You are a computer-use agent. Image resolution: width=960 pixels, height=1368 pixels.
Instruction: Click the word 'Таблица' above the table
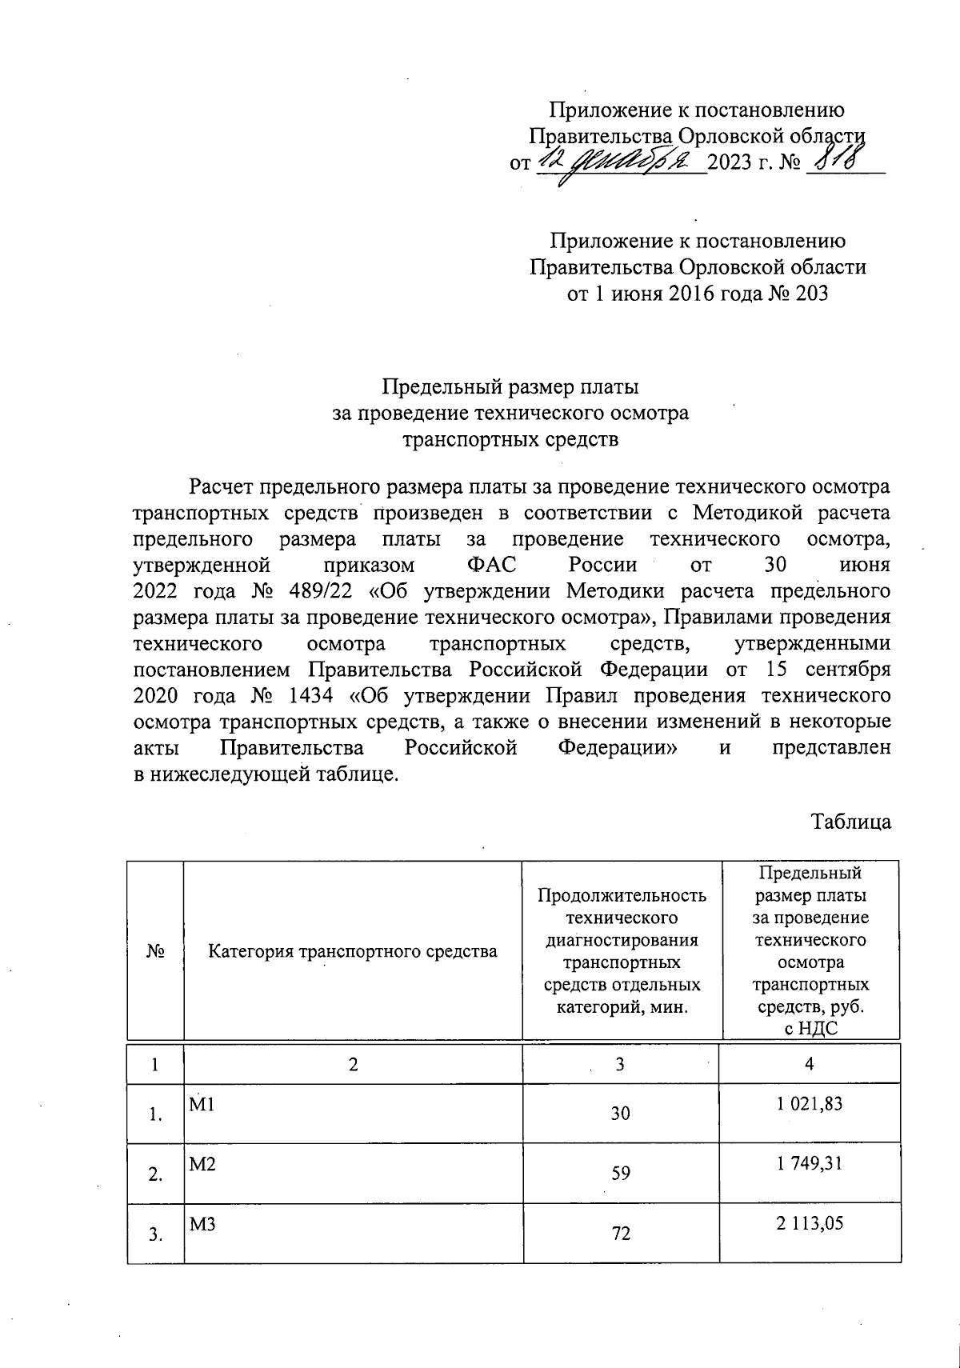(x=851, y=822)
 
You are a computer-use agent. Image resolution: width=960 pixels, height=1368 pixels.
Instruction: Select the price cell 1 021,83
(x=810, y=1104)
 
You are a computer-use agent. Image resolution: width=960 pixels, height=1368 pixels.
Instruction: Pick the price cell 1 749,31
(x=810, y=1164)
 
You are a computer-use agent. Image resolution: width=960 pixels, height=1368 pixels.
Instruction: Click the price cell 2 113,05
(x=810, y=1223)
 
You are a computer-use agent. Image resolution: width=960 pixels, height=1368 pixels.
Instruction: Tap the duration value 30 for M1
(x=621, y=1113)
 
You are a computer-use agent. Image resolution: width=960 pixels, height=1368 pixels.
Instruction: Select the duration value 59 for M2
(x=621, y=1173)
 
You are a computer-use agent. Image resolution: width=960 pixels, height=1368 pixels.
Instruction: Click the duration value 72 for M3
(x=621, y=1233)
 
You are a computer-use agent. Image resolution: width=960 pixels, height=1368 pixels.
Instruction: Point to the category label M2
(x=202, y=1165)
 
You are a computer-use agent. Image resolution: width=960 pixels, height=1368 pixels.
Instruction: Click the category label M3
(x=202, y=1224)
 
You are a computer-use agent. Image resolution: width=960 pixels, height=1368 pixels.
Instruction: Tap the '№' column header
(x=155, y=951)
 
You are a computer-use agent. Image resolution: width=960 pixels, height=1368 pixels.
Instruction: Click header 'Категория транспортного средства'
(x=353, y=951)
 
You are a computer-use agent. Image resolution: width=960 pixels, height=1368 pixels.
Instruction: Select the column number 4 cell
(x=810, y=1064)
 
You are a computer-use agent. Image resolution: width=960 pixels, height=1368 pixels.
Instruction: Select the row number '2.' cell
(x=155, y=1174)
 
